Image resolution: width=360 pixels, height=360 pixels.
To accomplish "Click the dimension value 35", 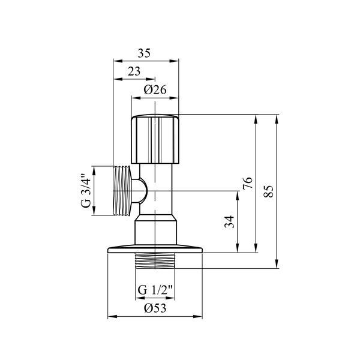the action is [x=144, y=53].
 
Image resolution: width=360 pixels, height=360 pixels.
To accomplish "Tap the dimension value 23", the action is [x=134, y=71].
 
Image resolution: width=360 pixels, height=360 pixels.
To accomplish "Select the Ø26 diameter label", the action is [x=155, y=89].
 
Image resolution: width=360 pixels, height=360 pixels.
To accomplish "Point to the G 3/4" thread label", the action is [x=86, y=191].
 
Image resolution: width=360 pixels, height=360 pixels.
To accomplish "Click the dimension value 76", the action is [x=248, y=183].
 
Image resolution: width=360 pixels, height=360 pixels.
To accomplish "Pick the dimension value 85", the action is [x=268, y=191].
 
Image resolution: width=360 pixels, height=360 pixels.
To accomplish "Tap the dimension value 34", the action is [x=229, y=222].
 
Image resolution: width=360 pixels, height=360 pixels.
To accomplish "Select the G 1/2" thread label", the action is [x=155, y=290].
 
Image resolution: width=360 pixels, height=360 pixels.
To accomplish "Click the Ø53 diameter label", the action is [x=155, y=308].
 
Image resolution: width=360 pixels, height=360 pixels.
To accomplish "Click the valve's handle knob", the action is [x=155, y=139].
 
